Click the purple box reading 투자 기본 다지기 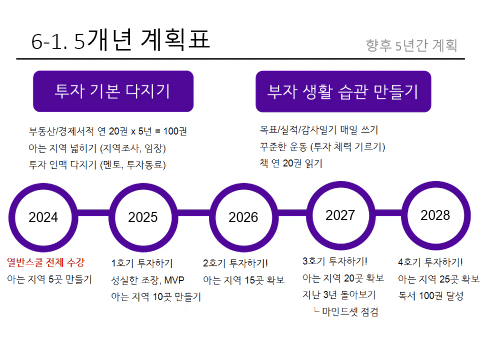click(113, 91)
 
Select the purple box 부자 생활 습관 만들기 click(343, 91)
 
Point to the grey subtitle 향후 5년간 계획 click(412, 45)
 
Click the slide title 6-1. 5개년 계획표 click(121, 40)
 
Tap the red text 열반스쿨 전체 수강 click(46, 262)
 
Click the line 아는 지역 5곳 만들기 click(49, 279)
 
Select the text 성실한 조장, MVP click(147, 280)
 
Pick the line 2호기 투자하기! click(235, 263)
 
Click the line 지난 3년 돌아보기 click(339, 295)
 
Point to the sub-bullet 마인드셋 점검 click(346, 312)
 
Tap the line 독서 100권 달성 click(431, 296)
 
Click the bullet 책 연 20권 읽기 click(291, 163)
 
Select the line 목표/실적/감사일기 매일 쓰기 click(318, 130)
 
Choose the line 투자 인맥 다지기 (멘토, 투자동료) click(97, 165)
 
